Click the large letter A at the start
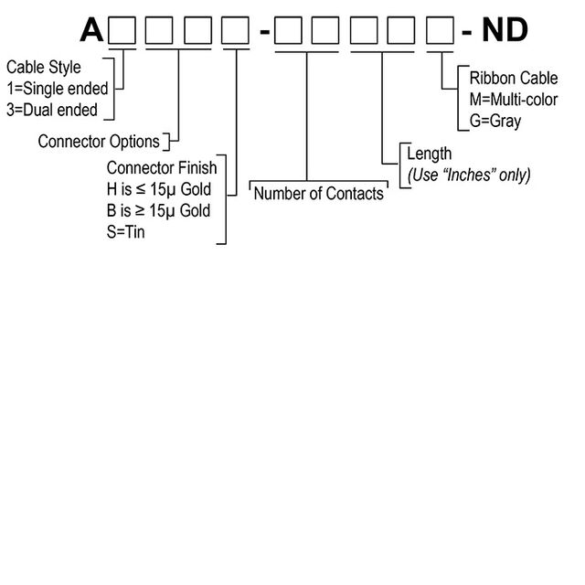coord(91,30)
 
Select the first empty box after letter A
coord(122,32)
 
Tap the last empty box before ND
coord(440,32)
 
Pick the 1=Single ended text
coord(56,89)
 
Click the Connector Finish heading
coord(162,168)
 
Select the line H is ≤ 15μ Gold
coord(159,190)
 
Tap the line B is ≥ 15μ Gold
coord(159,211)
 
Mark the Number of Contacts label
coord(318,194)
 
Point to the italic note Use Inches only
coord(469,174)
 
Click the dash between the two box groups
coord(264,35)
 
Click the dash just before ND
coord(467,35)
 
